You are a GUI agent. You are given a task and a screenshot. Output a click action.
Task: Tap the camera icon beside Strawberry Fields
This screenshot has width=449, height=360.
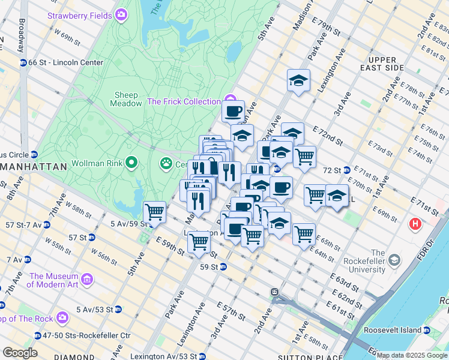(122, 13)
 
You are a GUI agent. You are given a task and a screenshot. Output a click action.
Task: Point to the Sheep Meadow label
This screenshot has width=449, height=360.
(126, 99)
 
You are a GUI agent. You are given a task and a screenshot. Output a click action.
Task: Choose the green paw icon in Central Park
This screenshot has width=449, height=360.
(166, 163)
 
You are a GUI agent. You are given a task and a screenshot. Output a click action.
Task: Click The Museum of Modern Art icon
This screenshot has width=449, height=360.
(87, 280)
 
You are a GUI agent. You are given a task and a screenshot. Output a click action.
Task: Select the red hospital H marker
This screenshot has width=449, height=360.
(415, 225)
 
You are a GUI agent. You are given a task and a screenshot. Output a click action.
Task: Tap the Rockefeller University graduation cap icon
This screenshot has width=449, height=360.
(394, 260)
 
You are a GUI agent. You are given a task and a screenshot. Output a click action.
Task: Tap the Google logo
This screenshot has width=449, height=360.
(20, 352)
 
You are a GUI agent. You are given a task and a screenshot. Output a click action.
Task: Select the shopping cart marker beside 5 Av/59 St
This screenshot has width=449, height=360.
(155, 212)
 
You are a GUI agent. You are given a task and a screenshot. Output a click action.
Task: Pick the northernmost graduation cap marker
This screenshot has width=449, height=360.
(298, 80)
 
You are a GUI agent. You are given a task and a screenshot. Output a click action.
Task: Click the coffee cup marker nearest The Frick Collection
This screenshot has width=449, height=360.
(233, 110)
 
